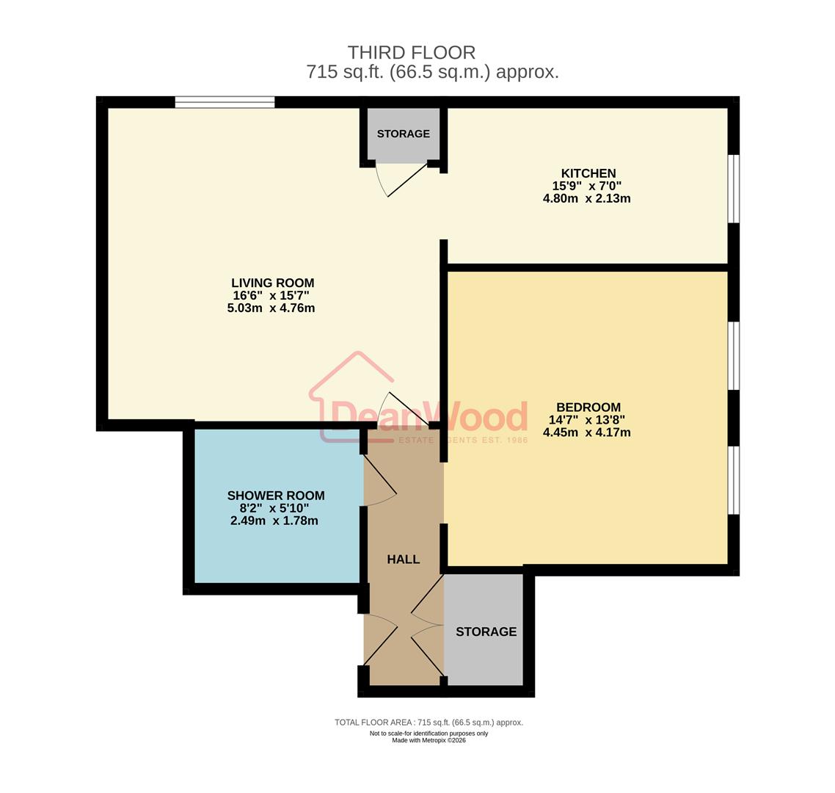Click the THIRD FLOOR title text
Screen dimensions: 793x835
411,53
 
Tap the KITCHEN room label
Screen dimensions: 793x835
588,173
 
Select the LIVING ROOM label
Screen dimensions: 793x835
272,283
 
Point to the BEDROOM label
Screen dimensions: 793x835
588,408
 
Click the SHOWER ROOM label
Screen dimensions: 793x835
275,496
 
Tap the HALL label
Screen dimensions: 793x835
403,560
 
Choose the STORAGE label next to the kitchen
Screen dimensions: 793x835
403,134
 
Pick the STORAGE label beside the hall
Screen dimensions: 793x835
486,631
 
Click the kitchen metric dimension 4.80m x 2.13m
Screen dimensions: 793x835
586,199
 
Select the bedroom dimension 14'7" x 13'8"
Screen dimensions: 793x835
586,420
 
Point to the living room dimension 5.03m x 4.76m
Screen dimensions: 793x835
271,308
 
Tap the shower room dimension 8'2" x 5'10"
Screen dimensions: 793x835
274,508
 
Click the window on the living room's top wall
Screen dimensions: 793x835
225,102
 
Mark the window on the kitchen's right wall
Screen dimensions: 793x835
733,188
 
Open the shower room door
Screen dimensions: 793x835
380,481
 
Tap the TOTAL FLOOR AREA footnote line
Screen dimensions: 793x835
429,723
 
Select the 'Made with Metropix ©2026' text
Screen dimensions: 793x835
429,740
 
